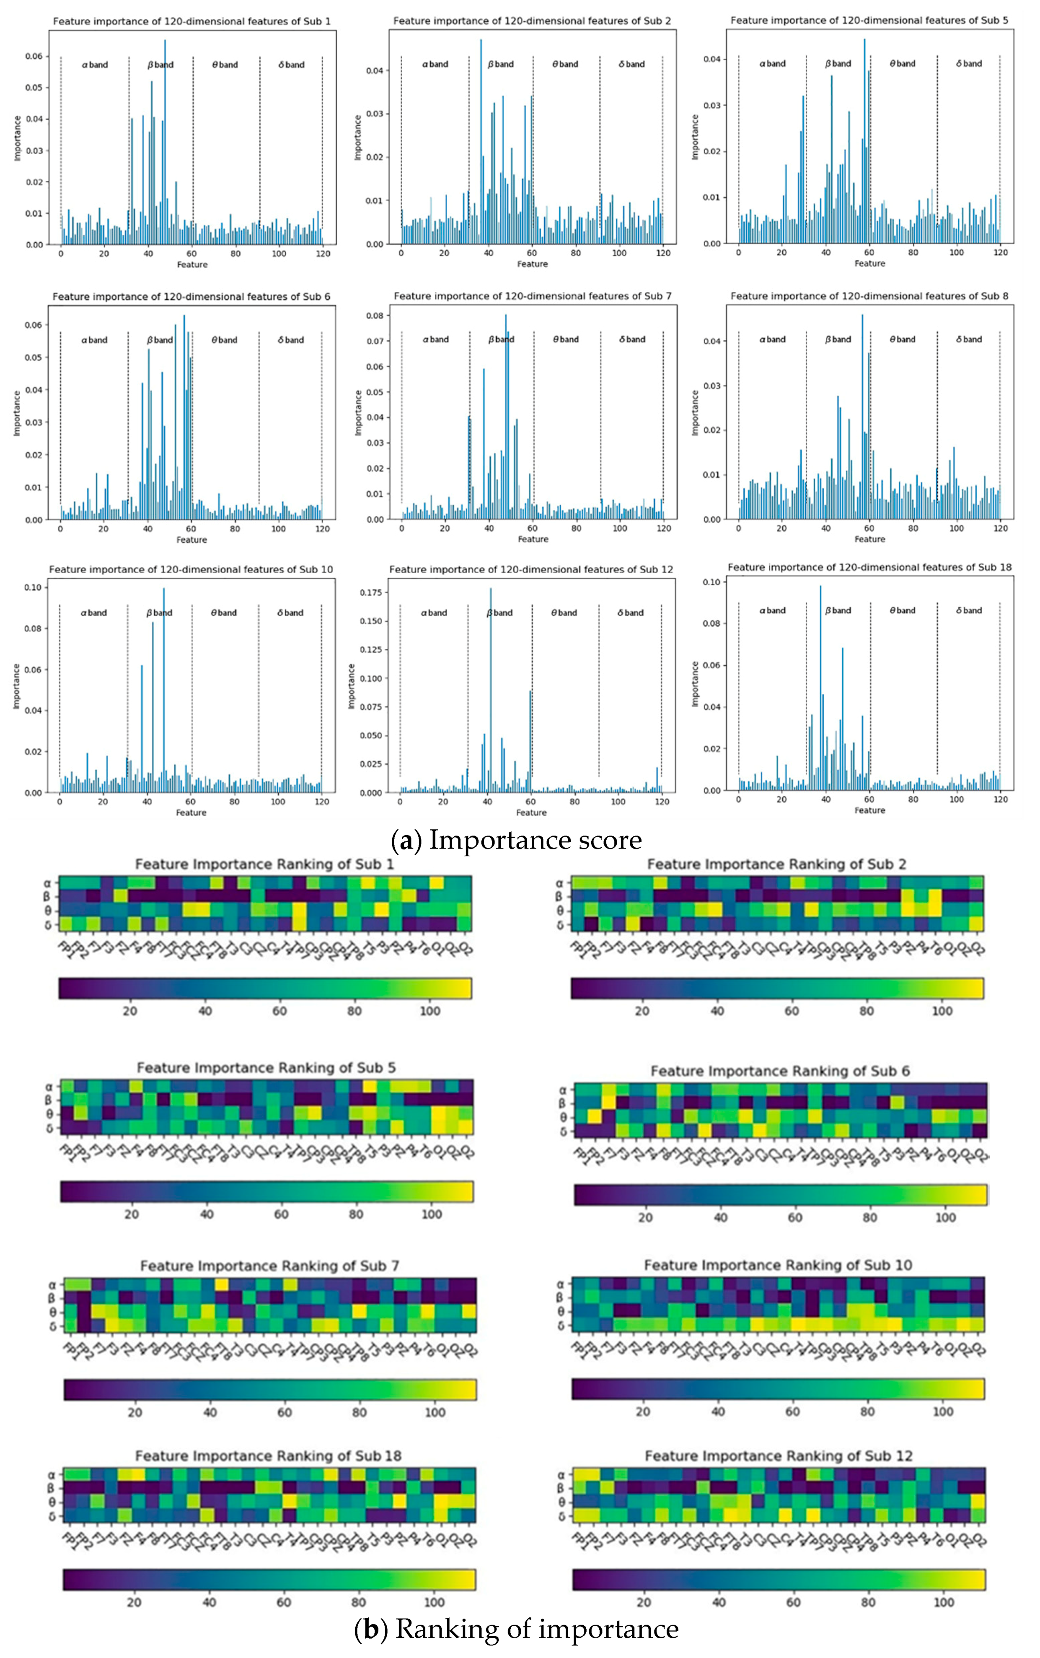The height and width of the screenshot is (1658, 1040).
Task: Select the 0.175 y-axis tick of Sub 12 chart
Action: pyautogui.click(x=371, y=592)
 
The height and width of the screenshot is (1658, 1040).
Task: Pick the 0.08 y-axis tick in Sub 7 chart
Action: pyautogui.click(x=375, y=316)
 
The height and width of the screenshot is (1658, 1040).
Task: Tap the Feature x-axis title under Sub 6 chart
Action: pyautogui.click(x=191, y=540)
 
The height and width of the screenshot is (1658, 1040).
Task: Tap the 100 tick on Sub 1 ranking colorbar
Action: pyautogui.click(x=430, y=1011)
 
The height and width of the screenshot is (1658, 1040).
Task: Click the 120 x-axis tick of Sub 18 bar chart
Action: pyautogui.click(x=1001, y=799)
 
